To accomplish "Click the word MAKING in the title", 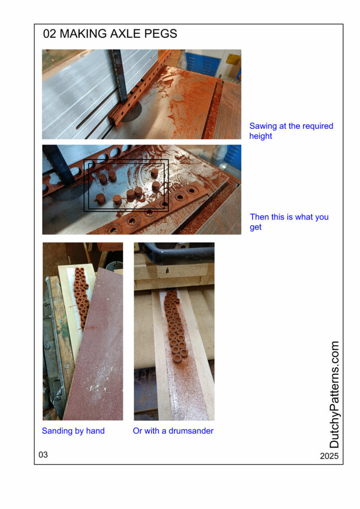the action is tap(83, 34).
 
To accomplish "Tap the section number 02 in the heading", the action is tap(50, 34).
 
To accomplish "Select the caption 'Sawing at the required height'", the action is tap(291, 131).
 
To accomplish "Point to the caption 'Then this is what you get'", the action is tap(289, 222).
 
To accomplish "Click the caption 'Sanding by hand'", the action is tap(74, 431).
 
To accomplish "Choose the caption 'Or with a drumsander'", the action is tap(173, 431).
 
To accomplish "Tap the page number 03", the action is tap(43, 455).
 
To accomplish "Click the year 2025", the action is tap(329, 456).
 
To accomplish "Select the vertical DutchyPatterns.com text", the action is tap(334, 394).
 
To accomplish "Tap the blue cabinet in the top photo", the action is tap(199, 63).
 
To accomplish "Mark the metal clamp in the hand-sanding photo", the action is tap(54, 350).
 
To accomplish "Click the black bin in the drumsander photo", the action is tap(178, 252).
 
